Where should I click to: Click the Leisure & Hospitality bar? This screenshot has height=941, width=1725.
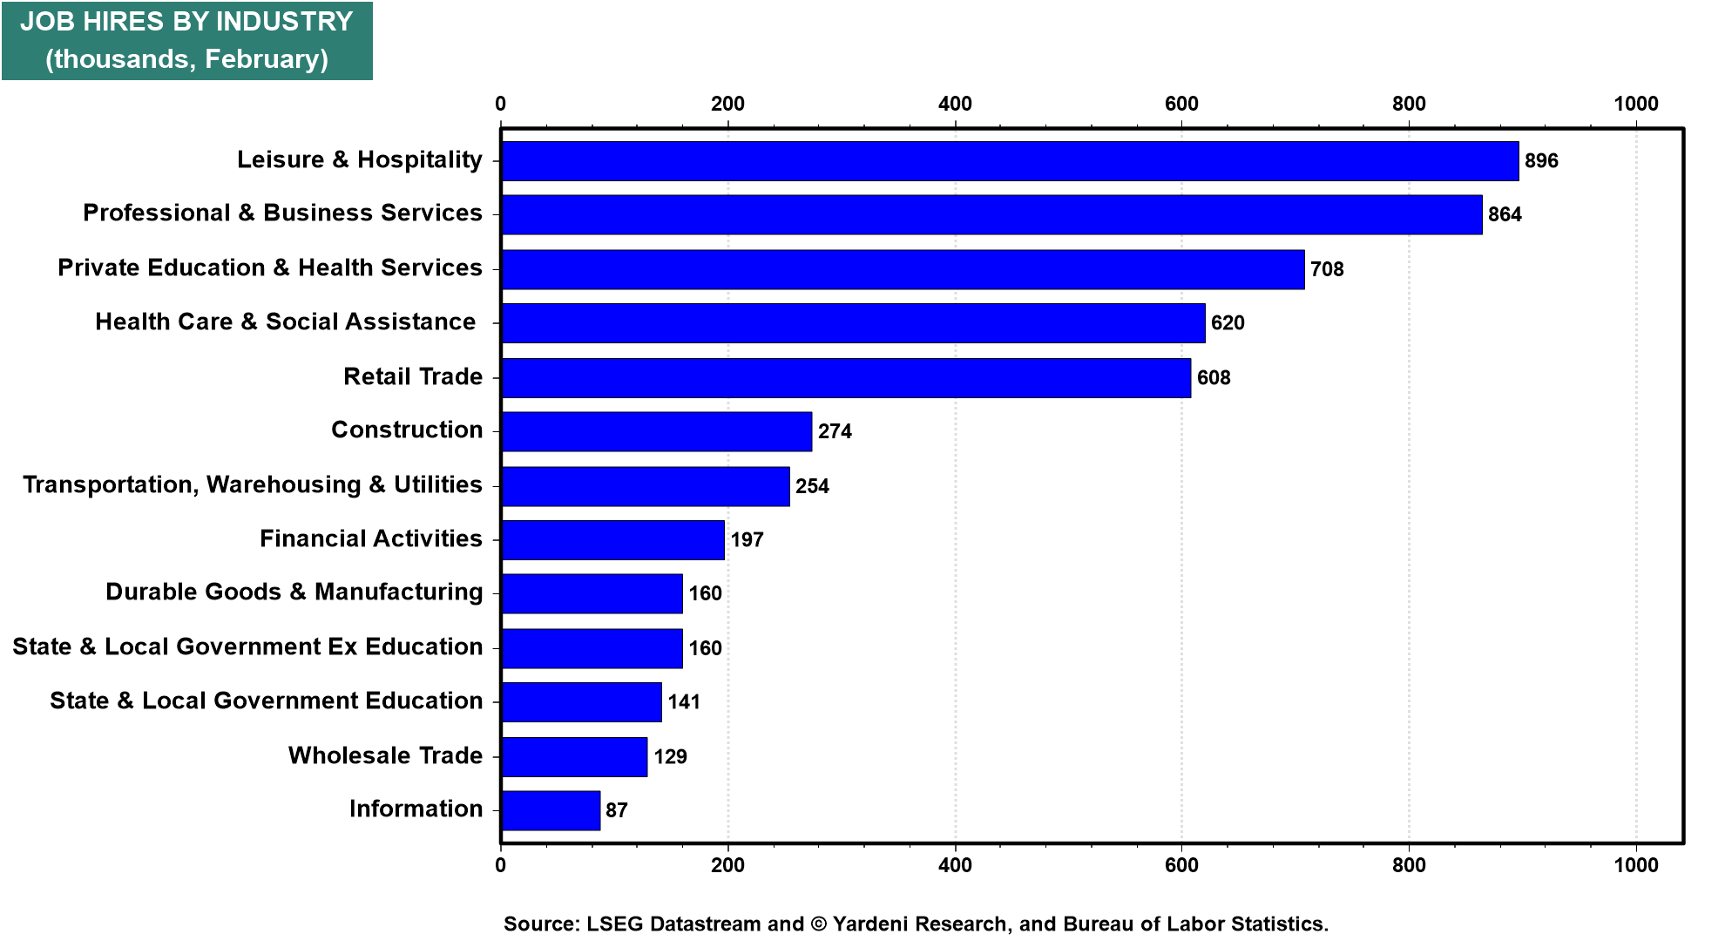[1011, 161]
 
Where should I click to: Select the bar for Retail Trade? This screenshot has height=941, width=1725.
[846, 378]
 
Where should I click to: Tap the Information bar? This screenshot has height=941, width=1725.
[551, 810]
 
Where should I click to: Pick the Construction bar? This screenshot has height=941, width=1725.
[657, 431]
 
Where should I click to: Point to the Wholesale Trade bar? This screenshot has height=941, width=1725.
[574, 756]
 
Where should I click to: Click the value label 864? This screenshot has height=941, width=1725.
[1505, 214]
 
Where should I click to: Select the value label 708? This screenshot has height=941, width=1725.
[1327, 269]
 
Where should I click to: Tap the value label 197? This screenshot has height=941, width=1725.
[747, 539]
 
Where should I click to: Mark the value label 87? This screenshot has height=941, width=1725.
[617, 810]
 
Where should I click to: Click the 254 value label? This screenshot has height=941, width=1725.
[812, 486]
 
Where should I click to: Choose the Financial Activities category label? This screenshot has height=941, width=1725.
[371, 538]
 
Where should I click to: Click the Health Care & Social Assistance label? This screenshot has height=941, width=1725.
[286, 322]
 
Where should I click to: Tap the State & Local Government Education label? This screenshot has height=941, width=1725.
[266, 701]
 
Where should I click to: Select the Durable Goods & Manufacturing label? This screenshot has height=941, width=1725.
[294, 592]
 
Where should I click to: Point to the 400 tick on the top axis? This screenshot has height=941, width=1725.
[955, 104]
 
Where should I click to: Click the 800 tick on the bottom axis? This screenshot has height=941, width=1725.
[1409, 864]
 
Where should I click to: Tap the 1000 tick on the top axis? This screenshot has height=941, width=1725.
[1635, 104]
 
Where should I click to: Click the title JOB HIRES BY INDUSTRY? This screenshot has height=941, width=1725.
[186, 22]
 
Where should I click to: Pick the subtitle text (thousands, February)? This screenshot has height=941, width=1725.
[186, 58]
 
